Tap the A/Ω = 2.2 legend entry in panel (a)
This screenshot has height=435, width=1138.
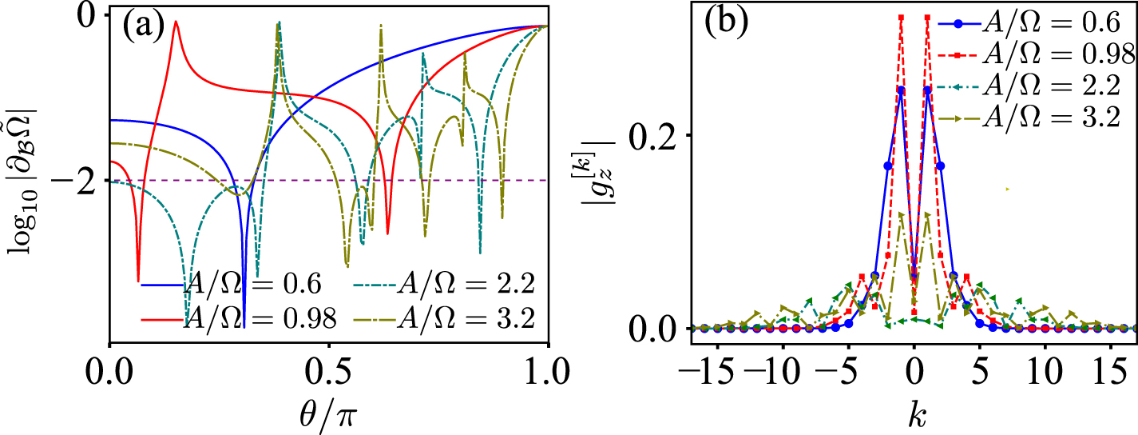pos(463,284)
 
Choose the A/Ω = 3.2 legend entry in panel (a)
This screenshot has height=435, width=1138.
pos(463,318)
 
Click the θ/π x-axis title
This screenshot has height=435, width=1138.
pos(328,414)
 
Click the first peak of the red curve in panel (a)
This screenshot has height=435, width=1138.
pos(175,22)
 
